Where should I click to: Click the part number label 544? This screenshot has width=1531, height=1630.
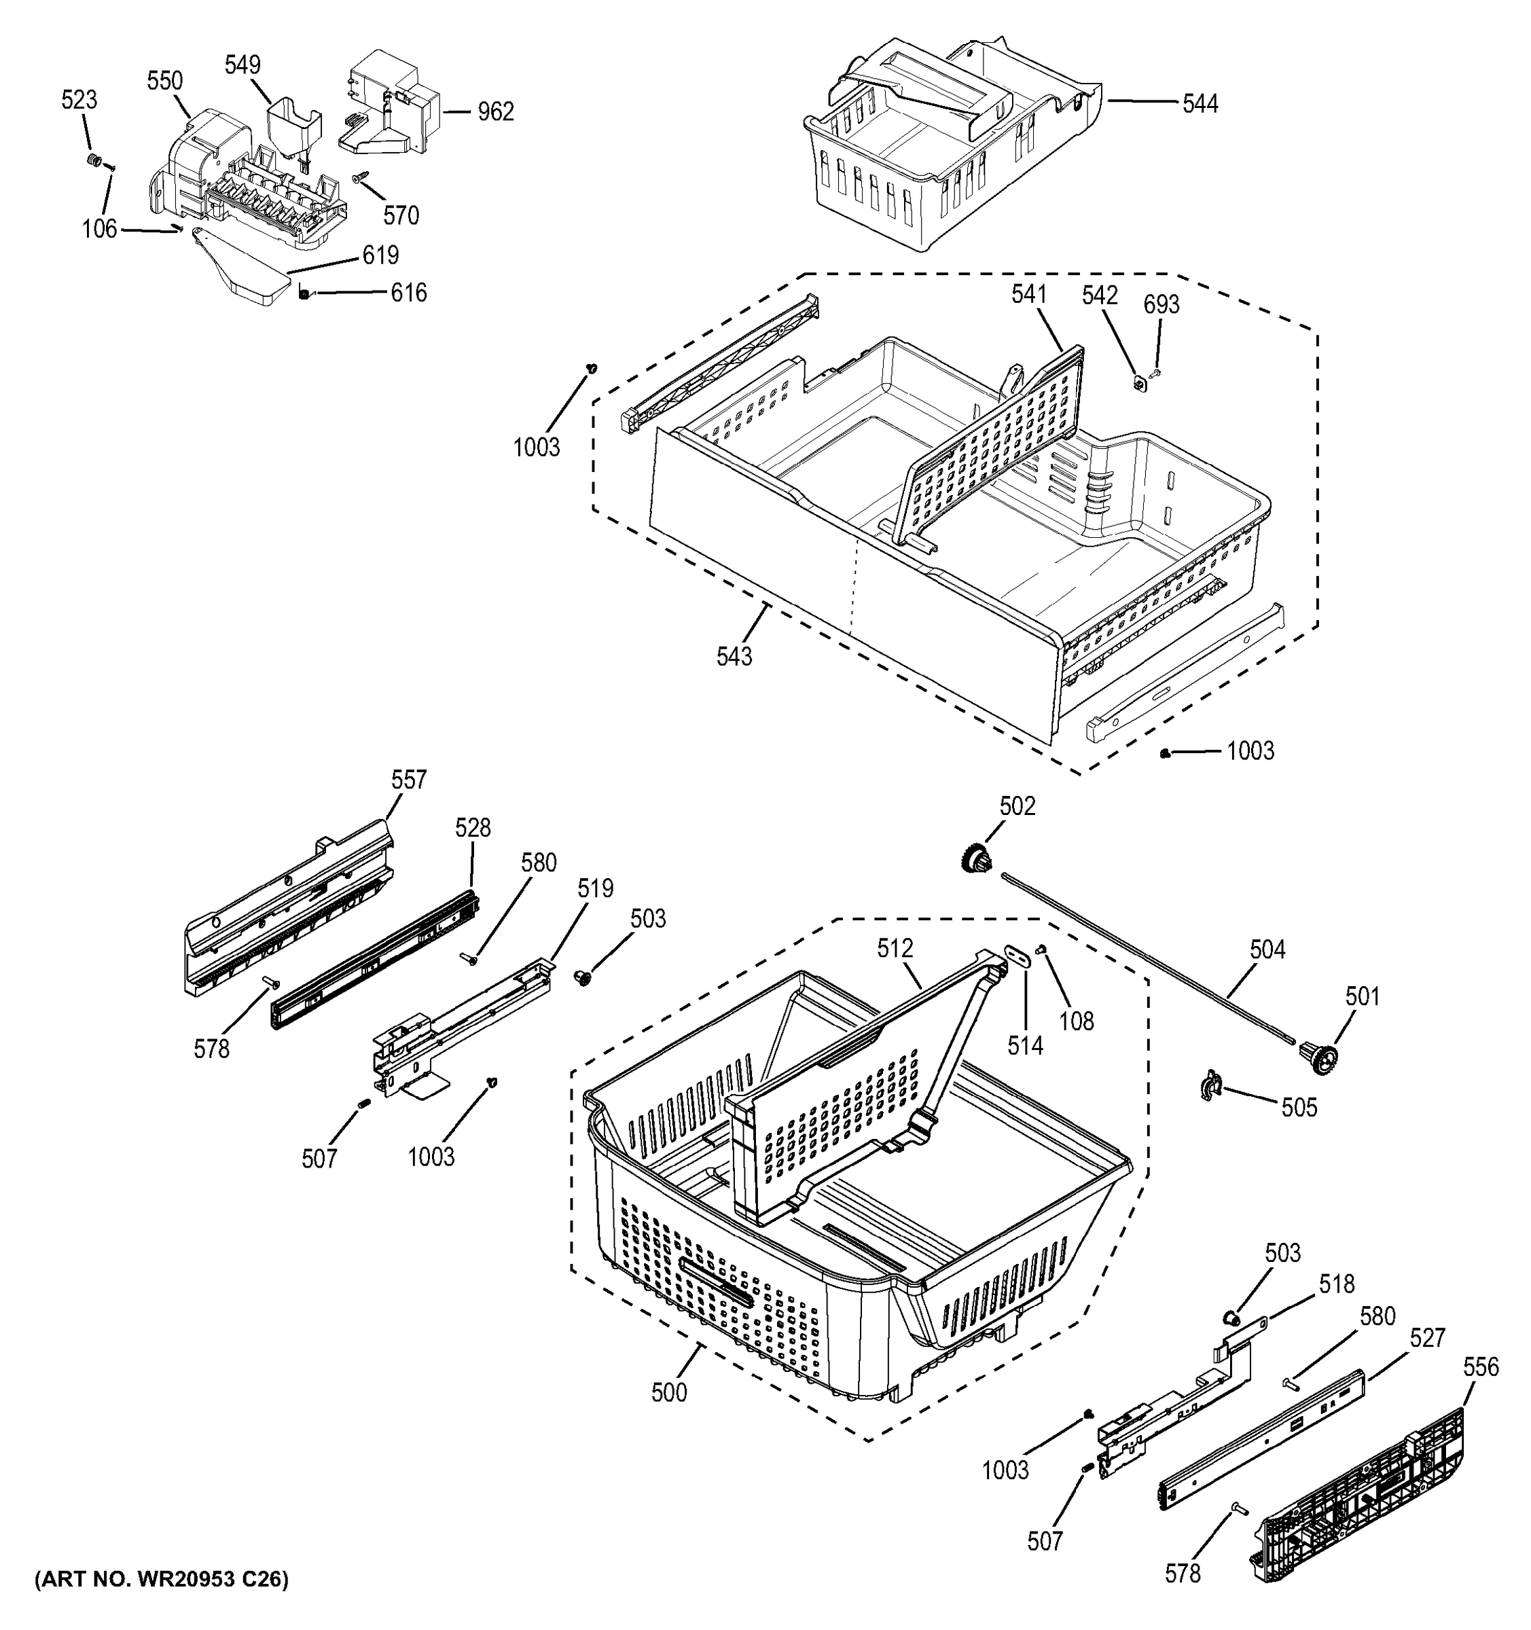(1200, 103)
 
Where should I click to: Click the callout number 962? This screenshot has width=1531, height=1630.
(495, 111)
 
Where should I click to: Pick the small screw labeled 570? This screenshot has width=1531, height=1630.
(360, 177)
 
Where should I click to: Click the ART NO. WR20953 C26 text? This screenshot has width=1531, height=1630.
(161, 1579)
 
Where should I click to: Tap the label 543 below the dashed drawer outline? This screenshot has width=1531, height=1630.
(734, 656)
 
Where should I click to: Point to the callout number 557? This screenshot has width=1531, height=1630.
(408, 779)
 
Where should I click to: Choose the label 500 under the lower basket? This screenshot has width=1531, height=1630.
(669, 1392)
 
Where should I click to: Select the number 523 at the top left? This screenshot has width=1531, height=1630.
(79, 100)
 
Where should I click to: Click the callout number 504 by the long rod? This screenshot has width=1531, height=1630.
(1267, 949)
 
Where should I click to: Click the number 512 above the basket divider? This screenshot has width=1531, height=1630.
(895, 948)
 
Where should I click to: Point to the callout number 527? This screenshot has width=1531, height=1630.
(1427, 1338)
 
